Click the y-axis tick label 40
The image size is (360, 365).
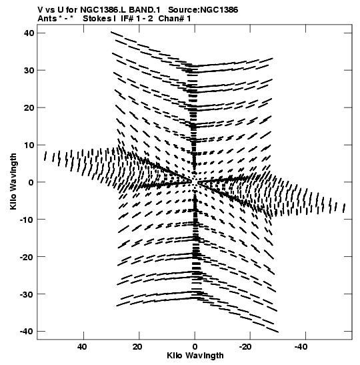29,33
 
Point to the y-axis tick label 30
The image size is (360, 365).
29,70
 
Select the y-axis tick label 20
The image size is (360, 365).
29,108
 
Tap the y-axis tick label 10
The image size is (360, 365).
29,145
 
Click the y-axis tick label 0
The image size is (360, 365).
31,182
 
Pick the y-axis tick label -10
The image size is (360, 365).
27,220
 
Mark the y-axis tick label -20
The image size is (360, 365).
27,257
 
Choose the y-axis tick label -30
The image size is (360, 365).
27,294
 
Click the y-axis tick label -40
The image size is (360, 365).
27,332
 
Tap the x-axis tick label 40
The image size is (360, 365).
82,347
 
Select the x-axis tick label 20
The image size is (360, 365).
138,347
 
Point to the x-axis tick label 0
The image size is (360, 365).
195,347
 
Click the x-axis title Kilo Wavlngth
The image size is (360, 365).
195,356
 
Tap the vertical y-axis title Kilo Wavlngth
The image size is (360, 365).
13,181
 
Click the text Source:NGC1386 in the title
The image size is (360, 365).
203,10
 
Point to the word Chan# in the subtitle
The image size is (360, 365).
171,19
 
